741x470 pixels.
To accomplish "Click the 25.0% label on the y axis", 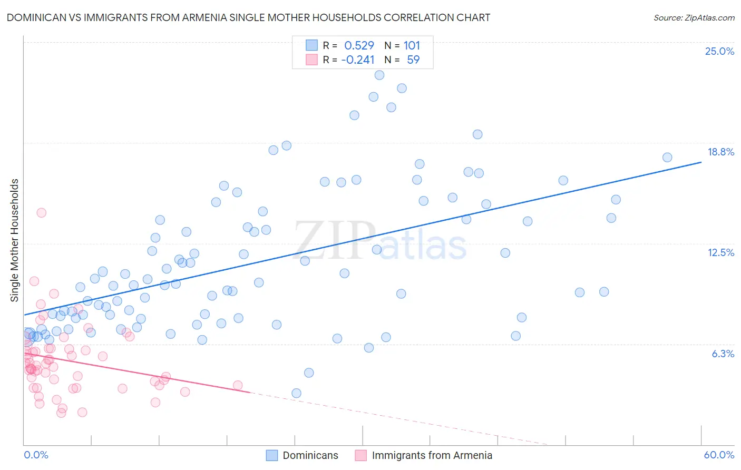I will pos(719,51).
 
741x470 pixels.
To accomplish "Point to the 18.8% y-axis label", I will pos(720,152).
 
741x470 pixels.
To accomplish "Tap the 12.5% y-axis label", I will pos(720,252).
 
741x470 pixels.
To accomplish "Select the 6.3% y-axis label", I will pos(723,354).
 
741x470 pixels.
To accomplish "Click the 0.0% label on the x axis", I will pos(36,455).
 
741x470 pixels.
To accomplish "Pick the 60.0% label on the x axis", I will pos(719,455).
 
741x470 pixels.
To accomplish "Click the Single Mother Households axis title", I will pos(15,240).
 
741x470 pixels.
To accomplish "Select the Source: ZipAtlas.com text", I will pos(694,17).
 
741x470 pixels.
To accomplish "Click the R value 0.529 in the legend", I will pos(359,45).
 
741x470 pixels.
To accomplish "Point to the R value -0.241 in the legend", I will pos(358,60).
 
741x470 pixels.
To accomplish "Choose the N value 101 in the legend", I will pos(412,45).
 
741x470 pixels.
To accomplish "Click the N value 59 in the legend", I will pos(413,60).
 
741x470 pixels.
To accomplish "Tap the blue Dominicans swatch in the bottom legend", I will pos(272,455).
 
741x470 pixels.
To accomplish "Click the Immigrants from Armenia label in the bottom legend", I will pos(432,455).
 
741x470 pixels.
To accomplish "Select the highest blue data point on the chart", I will pos(379,75).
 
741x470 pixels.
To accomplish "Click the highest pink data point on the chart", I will pos(41,213).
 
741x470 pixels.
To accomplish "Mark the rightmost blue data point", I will pos(667,158).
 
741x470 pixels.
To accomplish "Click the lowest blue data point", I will pos(296,393).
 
